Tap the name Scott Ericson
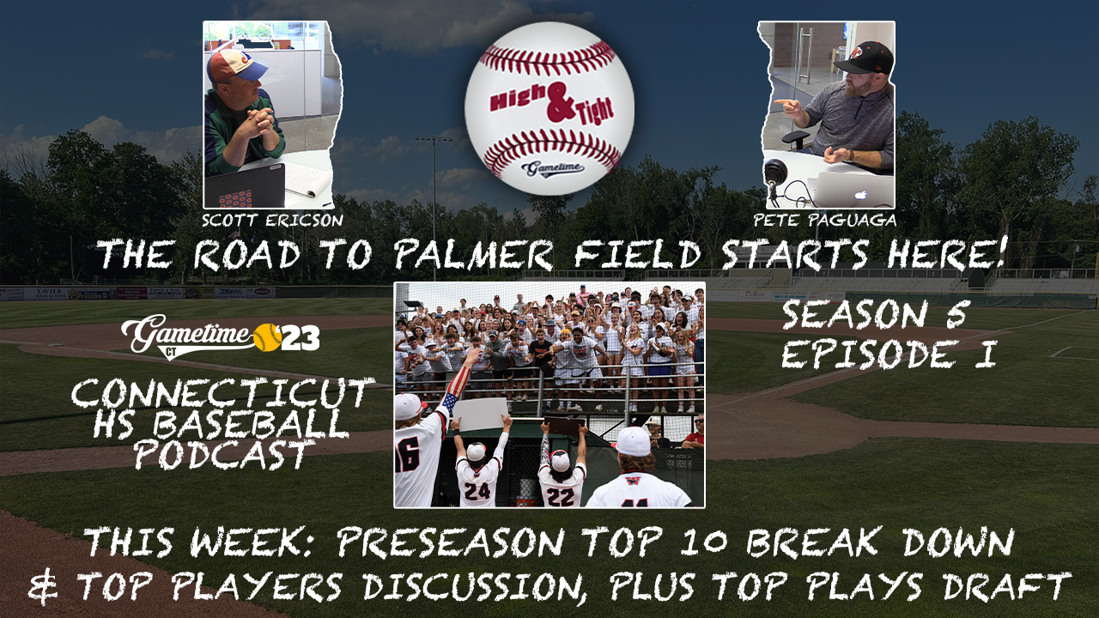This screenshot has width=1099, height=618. [272, 221]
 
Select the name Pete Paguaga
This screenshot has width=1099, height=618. [825, 221]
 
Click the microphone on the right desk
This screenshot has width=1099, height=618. [776, 172]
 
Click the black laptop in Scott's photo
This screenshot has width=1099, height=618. [245, 186]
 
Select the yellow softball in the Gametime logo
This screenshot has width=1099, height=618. [266, 337]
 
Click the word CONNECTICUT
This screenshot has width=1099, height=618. [223, 394]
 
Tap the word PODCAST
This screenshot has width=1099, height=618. [222, 454]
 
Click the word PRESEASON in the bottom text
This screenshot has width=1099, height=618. [450, 542]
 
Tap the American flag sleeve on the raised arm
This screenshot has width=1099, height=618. [457, 387]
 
